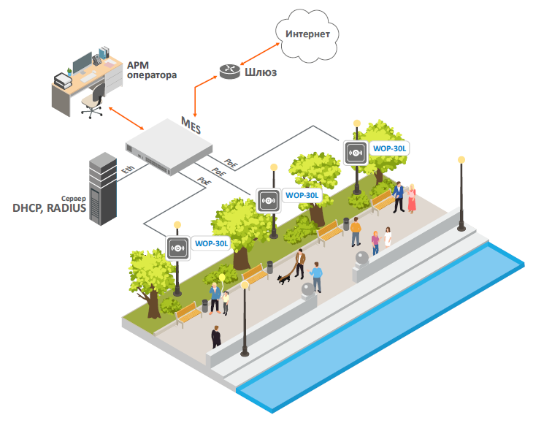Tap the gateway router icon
point(229,71)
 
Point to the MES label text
point(191,123)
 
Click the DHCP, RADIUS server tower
point(102,188)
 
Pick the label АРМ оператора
point(152,69)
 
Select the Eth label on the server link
point(129,170)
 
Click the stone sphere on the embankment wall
point(362,259)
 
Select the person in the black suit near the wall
point(215,337)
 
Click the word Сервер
point(72,198)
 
